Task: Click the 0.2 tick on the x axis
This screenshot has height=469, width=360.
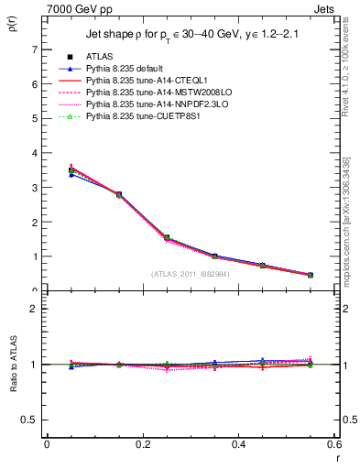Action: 142,444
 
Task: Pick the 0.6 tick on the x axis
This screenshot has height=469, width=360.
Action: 334,444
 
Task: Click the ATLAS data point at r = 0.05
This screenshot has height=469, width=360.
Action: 71,170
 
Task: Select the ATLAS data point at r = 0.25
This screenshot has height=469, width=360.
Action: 167,237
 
